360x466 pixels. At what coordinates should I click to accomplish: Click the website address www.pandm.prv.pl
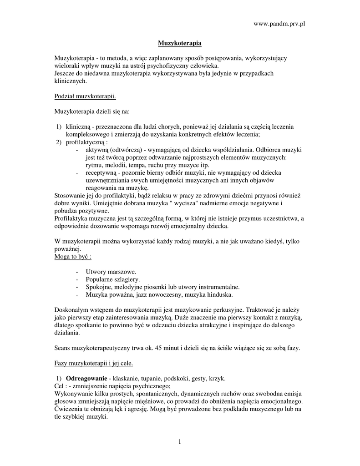click(x=278, y=24)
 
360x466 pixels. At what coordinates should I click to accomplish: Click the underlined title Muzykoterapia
click(x=179, y=43)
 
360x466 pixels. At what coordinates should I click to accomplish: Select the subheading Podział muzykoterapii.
click(x=85, y=96)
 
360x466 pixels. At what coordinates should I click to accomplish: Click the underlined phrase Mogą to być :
click(x=73, y=257)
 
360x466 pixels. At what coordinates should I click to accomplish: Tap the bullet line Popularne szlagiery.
click(x=113, y=279)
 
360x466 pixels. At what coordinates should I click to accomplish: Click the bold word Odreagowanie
click(x=86, y=379)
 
